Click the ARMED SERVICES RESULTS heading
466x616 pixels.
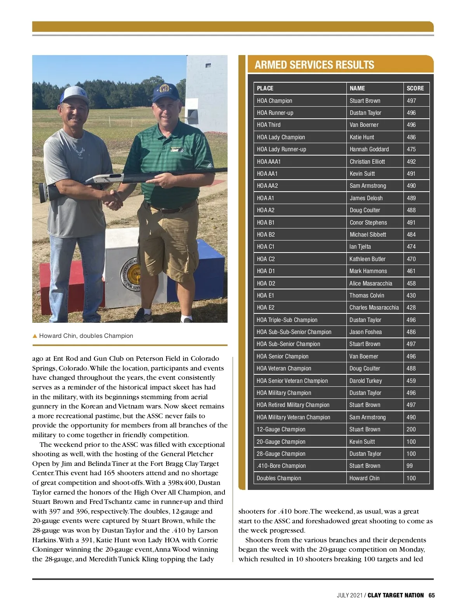tap(314, 65)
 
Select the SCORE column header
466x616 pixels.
tap(415, 88)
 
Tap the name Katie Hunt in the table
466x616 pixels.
tap(362, 137)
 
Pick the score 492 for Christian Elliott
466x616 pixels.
tap(411, 161)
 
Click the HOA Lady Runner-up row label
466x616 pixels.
tap(281, 149)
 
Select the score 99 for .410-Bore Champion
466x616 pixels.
tap(410, 466)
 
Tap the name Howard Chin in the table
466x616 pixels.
tap(364, 478)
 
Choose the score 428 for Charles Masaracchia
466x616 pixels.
tap(411, 308)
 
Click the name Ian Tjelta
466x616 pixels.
tap(360, 247)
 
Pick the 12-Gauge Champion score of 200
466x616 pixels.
tap(411, 429)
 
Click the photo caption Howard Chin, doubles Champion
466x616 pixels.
tap(86, 336)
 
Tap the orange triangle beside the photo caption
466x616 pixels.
tap(35, 336)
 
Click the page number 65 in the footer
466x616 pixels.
tap(431, 595)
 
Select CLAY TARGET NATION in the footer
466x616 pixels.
tap(395, 595)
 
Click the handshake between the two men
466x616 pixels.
tap(113, 198)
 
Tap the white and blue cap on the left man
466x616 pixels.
tap(75, 95)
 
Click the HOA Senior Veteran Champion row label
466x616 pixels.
tap(292, 381)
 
